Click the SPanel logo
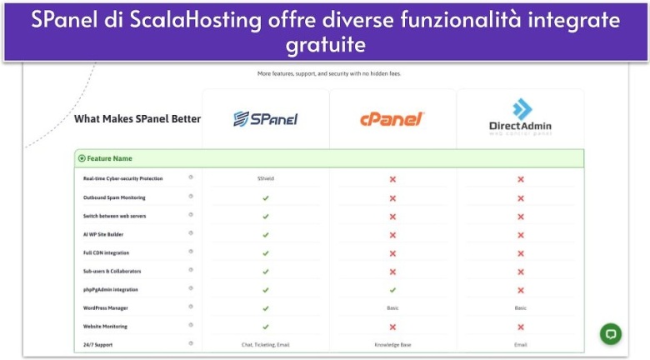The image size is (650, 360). click(265, 119)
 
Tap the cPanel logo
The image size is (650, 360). click(392, 119)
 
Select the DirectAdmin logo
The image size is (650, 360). click(520, 118)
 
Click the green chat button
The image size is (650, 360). click(611, 333)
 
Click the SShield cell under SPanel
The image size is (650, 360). click(265, 179)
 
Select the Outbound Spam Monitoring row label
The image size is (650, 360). click(114, 197)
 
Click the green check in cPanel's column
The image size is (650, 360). click(392, 290)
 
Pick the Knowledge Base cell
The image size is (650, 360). click(392, 344)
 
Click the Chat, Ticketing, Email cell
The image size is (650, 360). click(265, 344)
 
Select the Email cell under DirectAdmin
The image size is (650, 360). click(520, 344)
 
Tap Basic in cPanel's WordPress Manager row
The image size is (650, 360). click(392, 308)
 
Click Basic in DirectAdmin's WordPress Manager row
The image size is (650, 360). click(520, 308)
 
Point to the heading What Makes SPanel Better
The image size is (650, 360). click(137, 119)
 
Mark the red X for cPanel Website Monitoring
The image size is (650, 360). click(392, 327)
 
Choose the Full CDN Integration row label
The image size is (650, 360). click(106, 252)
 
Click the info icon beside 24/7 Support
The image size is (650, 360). click(191, 343)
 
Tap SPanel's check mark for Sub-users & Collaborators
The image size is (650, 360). click(265, 272)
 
